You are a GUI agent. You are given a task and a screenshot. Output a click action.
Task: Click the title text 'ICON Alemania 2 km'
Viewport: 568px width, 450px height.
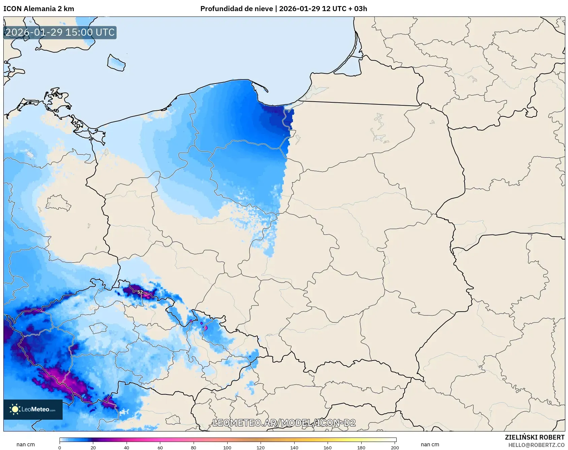tap(39, 9)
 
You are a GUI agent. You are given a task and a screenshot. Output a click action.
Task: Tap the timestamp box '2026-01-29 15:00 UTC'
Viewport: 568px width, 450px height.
tap(60, 33)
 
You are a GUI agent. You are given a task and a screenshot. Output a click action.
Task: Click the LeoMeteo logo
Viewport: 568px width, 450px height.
tap(33, 409)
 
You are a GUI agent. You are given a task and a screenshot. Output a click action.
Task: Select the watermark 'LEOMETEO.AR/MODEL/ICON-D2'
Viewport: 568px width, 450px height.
tap(284, 423)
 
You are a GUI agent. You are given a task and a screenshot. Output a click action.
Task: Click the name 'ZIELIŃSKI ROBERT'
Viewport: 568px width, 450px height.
tap(534, 437)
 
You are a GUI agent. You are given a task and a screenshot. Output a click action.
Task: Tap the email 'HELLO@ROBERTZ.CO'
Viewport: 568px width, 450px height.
tap(536, 445)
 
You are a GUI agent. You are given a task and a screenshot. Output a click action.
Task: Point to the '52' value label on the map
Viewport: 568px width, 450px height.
tap(140, 292)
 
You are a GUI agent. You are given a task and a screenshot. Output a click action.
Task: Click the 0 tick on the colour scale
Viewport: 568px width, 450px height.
tap(60, 447)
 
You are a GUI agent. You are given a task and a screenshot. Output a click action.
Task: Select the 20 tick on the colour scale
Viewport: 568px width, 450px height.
tap(93, 447)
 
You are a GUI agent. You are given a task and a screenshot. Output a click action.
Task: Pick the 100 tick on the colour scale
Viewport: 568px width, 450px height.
tap(227, 447)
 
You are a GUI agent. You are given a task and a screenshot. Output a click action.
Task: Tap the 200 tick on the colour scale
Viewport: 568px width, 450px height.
tap(395, 447)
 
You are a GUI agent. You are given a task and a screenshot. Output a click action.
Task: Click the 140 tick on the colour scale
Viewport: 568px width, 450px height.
tap(294, 447)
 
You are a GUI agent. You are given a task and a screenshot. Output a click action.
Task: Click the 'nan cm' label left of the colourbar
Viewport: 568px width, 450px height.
tap(26, 445)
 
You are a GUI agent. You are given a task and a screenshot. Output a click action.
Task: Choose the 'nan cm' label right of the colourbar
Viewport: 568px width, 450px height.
tap(430, 445)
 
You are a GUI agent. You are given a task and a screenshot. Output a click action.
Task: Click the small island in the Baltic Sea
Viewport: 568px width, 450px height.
tap(116, 63)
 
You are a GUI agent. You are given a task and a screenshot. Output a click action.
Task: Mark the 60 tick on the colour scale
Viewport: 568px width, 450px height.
tap(160, 447)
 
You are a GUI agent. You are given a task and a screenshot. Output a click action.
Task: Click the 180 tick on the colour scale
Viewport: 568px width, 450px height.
tap(361, 447)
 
